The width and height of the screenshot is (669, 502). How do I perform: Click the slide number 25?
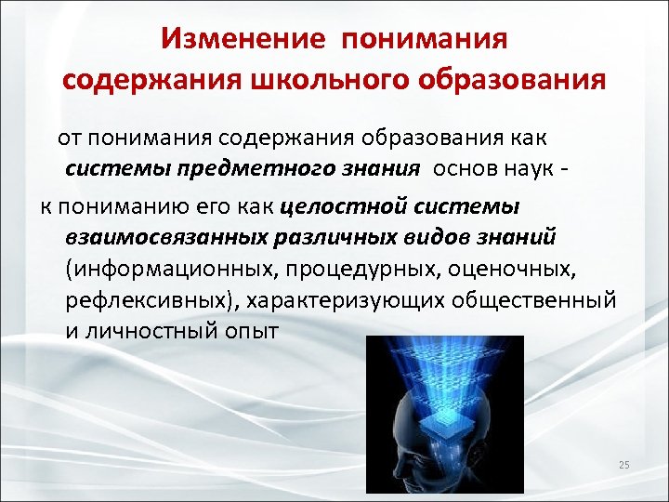[x=623, y=465]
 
